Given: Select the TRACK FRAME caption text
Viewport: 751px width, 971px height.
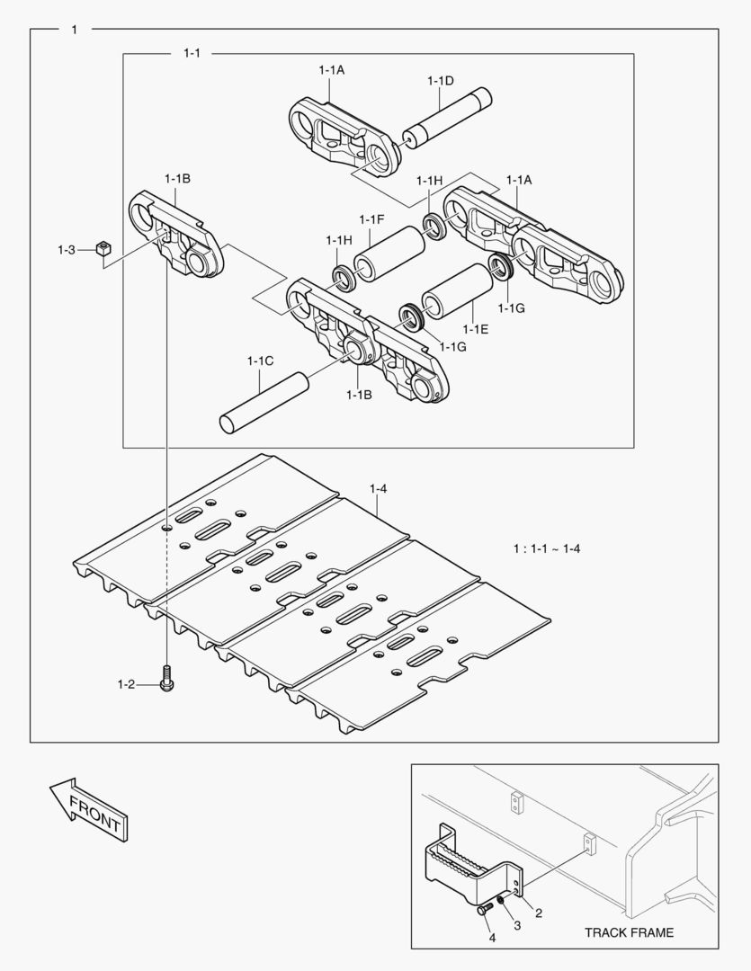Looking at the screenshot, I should (629, 932).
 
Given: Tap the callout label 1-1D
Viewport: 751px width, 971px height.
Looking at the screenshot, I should (440, 81).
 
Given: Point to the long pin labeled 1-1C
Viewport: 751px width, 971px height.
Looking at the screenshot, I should (264, 404).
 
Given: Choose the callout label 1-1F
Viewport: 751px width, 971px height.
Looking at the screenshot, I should (371, 220).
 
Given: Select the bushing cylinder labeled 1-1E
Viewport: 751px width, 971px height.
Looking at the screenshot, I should (457, 290).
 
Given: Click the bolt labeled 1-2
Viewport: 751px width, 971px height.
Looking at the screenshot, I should (166, 678).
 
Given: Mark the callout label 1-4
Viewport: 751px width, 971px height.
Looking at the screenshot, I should (378, 488).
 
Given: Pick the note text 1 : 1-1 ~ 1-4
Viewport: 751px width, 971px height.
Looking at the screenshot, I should (546, 548).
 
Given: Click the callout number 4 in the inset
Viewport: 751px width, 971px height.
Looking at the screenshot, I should (492, 938).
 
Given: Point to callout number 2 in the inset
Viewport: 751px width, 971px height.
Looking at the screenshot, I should (538, 913).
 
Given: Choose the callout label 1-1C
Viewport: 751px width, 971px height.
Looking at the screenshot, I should (260, 361).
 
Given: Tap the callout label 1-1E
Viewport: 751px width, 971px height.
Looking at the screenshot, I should (478, 330).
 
